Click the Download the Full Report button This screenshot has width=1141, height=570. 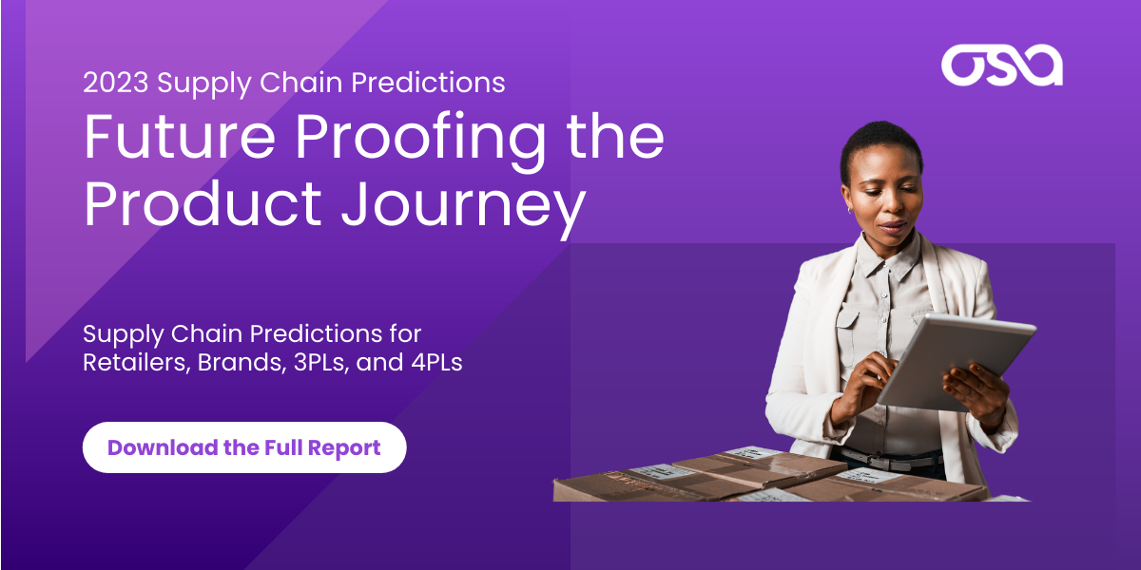pyautogui.click(x=244, y=447)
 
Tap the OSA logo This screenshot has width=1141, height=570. pyautogui.click(x=1002, y=66)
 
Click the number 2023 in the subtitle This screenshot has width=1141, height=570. pyautogui.click(x=116, y=83)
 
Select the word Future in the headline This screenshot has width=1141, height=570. pyautogui.click(x=180, y=138)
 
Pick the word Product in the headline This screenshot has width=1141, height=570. pyautogui.click(x=203, y=203)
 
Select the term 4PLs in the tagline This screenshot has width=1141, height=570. pyautogui.click(x=437, y=362)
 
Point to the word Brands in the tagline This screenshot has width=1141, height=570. pyautogui.click(x=242, y=363)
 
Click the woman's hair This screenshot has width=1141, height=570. pyautogui.click(x=880, y=145)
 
